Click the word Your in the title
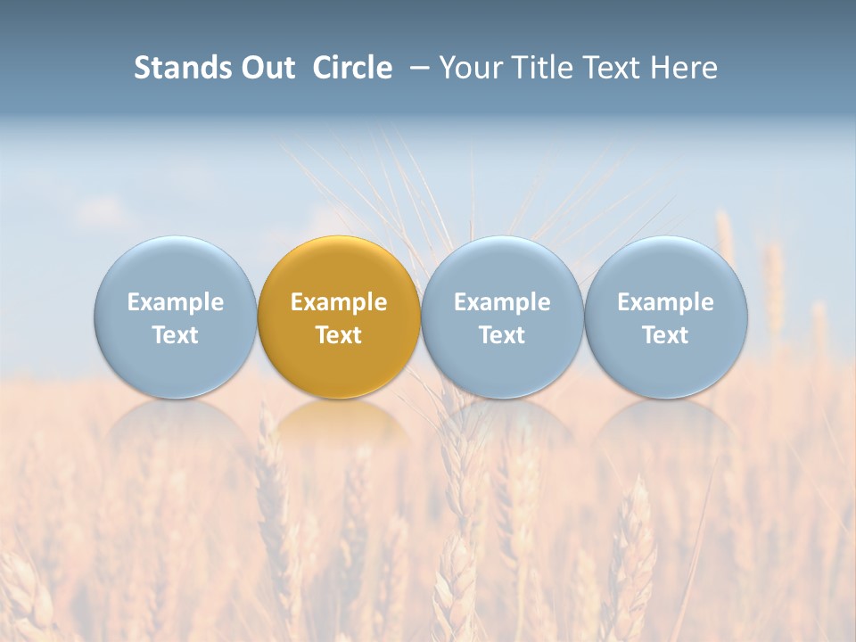469,68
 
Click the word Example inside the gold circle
339,302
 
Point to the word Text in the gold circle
339,335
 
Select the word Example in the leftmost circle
175,302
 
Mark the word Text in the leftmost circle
175,335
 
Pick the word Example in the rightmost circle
666,302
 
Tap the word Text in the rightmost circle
666,335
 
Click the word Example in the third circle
502,302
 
